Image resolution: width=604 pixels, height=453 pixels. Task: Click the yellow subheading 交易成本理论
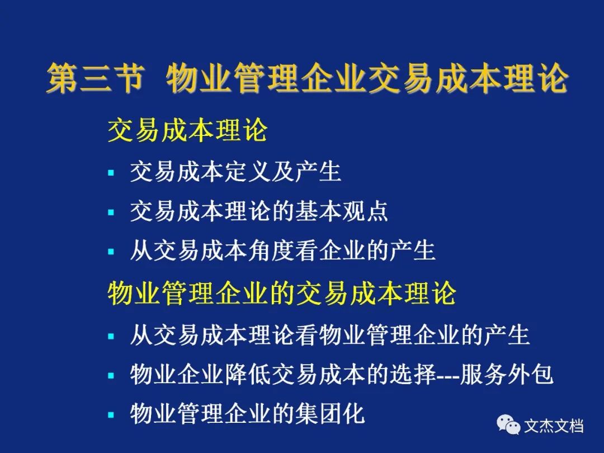click(x=187, y=130)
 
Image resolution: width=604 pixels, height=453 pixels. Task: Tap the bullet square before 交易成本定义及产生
click(x=111, y=173)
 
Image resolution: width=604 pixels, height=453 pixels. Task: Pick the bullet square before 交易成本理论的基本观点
click(x=111, y=213)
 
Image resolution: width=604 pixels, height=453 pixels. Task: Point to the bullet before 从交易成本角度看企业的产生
click(x=111, y=252)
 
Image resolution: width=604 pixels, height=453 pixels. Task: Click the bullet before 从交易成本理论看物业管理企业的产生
click(x=111, y=336)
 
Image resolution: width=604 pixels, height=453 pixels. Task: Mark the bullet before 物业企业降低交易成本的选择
click(x=111, y=375)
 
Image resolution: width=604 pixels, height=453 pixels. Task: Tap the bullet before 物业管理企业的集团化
click(x=111, y=415)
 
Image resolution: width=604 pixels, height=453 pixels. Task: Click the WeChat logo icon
click(x=508, y=424)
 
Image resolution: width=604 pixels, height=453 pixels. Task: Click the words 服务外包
click(x=507, y=374)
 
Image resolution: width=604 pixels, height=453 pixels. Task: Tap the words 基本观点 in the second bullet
click(x=341, y=211)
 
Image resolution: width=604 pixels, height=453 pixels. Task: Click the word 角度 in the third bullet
click(x=271, y=251)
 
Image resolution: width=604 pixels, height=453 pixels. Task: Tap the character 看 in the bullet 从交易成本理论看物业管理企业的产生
click(x=306, y=335)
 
